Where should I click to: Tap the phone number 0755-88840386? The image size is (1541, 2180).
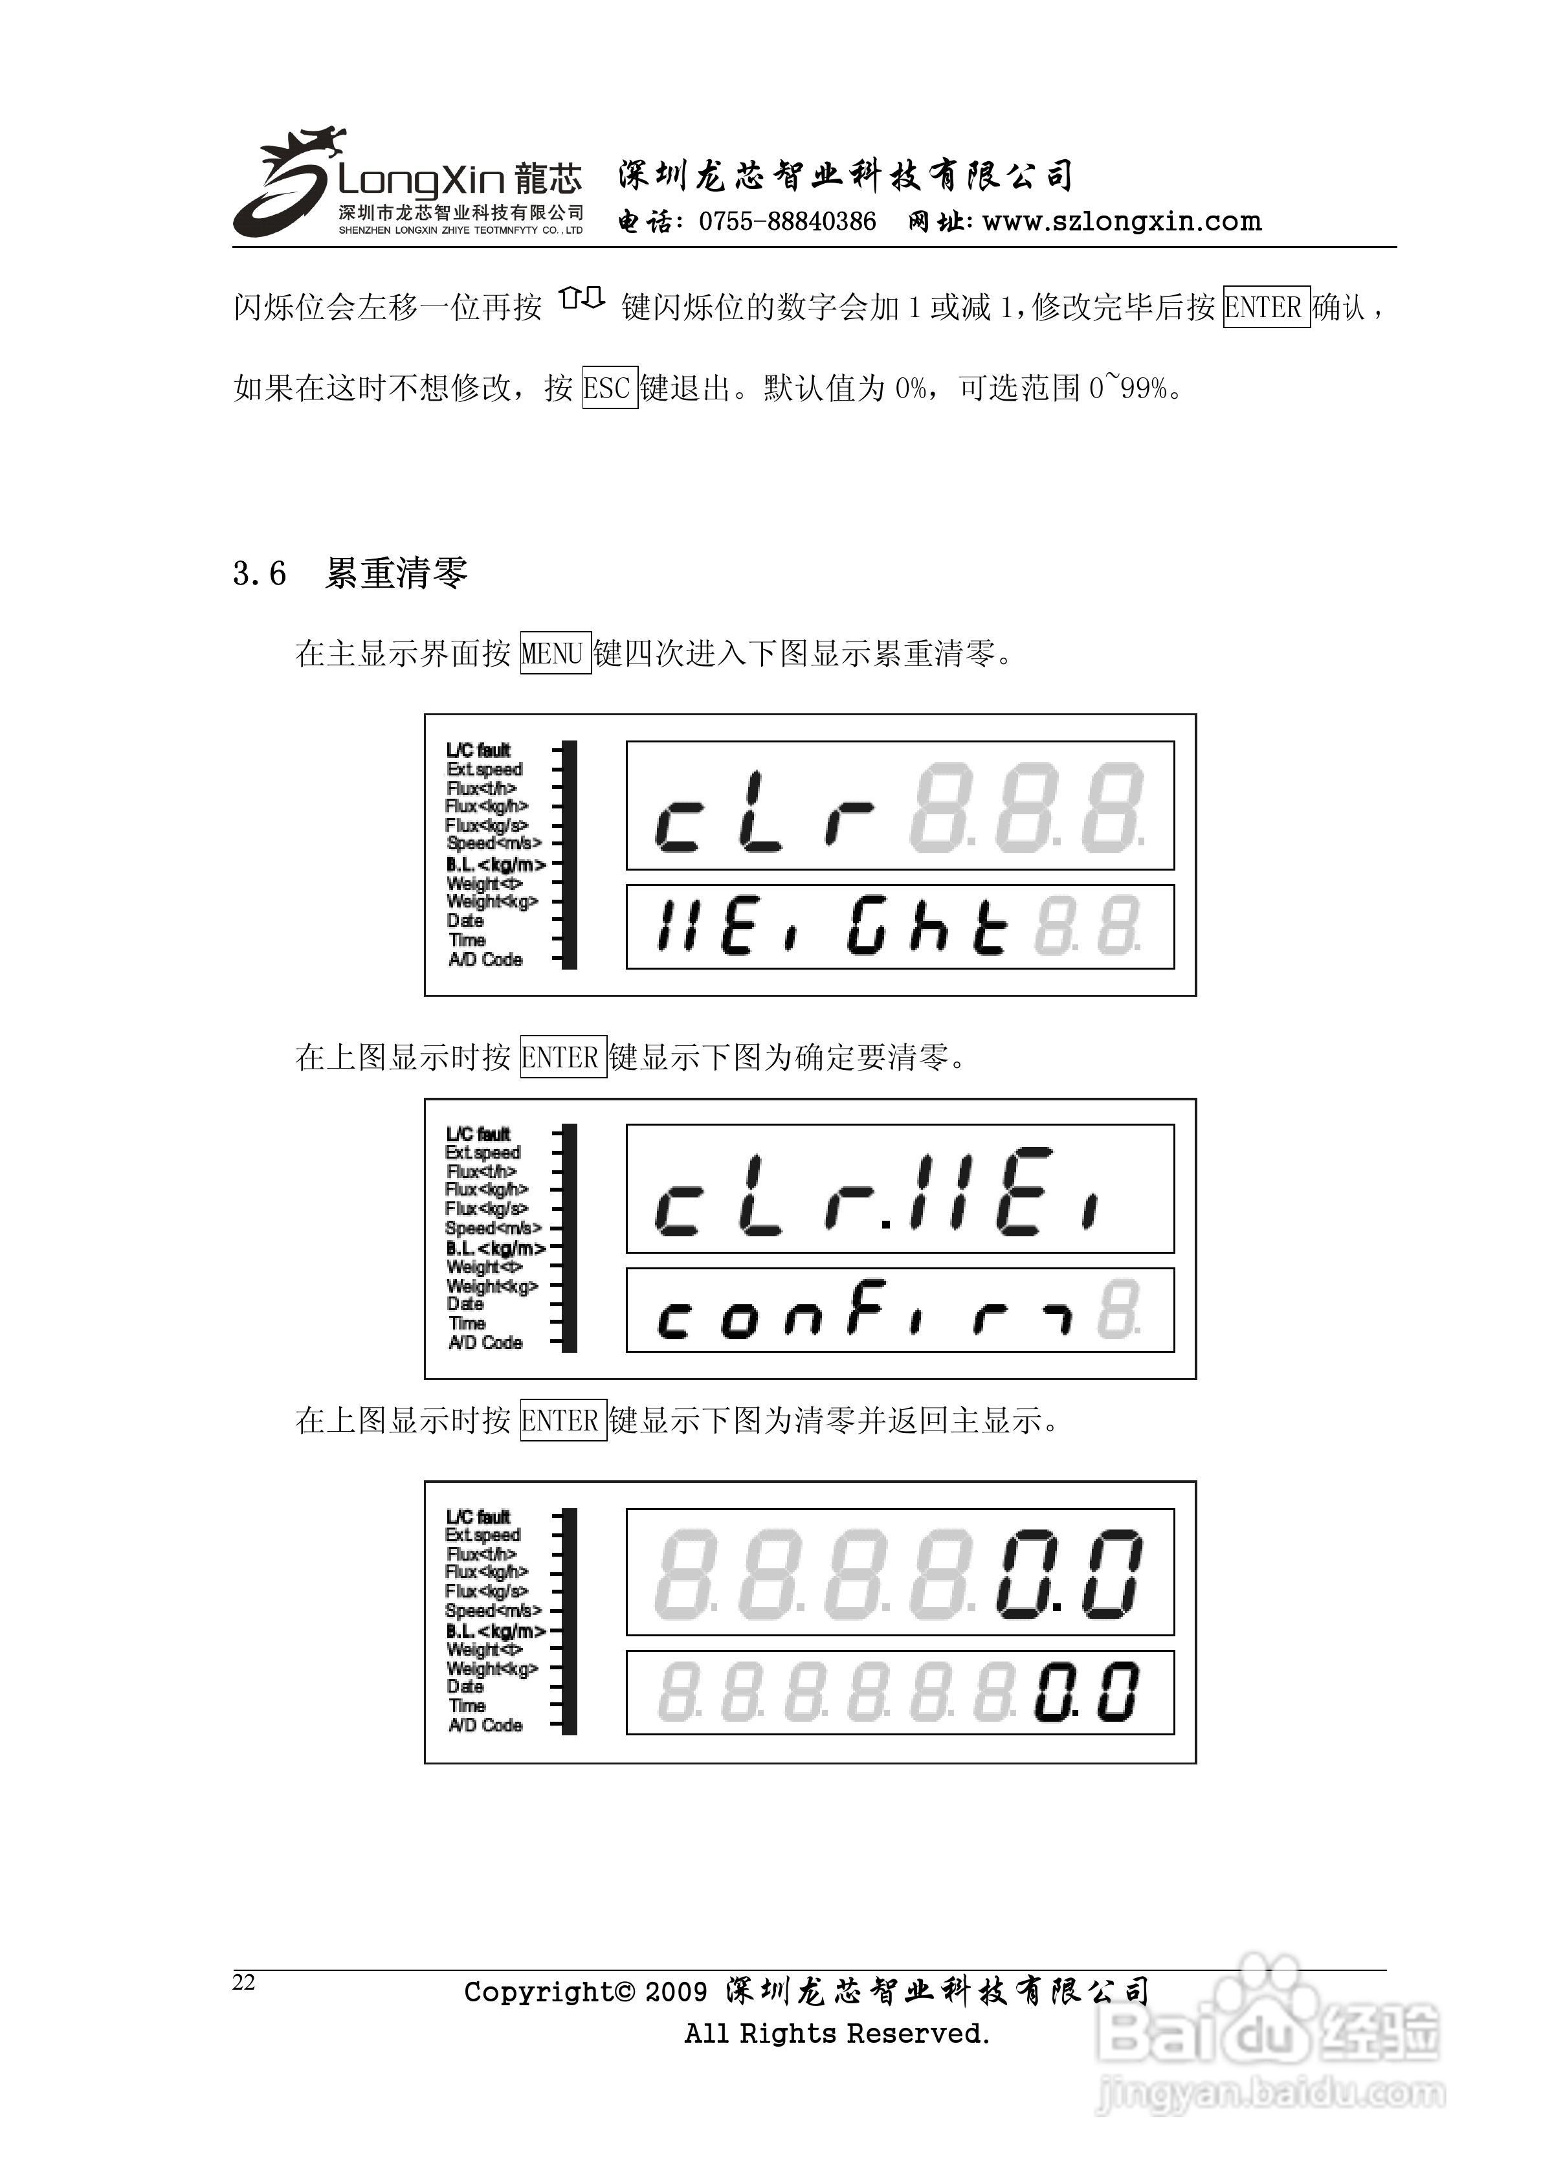786,222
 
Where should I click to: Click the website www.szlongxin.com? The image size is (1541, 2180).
1122,222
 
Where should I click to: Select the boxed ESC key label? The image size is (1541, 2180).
608,387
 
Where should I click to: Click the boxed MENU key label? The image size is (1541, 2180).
555,653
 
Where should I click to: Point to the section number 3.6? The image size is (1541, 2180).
260,573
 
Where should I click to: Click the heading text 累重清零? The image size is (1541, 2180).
396,573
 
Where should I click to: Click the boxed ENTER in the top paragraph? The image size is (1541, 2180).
1266,307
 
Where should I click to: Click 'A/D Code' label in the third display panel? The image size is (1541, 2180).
485,1725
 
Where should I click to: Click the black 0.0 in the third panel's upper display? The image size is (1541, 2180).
1068,1574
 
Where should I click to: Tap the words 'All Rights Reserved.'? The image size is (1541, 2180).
836,2033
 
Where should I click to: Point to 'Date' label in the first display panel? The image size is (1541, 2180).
465,920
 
